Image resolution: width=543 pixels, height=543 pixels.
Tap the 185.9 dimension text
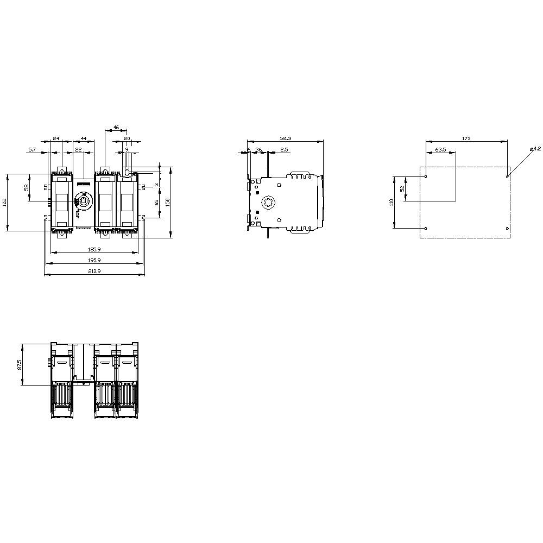tap(94, 249)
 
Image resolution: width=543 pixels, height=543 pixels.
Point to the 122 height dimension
tap(5, 203)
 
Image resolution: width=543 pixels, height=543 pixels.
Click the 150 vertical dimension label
tap(168, 201)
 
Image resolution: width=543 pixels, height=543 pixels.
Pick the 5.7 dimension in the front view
tap(33, 149)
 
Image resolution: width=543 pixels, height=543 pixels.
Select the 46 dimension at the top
tap(116, 128)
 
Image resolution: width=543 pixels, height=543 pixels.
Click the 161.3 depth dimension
tap(285, 139)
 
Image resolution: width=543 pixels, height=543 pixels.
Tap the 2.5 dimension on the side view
tap(285, 149)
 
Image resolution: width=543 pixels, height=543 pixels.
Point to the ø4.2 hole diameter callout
tap(535, 149)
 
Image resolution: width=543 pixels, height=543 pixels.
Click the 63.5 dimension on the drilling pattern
tap(440, 149)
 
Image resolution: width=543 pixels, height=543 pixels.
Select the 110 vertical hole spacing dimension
tap(391, 202)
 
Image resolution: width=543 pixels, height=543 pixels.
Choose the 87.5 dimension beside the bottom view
tap(20, 364)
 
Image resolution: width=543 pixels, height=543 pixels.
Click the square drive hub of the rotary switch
tap(84, 201)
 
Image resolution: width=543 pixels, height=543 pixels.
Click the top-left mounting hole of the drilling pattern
tap(426, 176)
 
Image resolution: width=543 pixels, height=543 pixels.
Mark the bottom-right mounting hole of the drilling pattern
tap(507, 228)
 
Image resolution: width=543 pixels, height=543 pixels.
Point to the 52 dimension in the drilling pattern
tap(402, 189)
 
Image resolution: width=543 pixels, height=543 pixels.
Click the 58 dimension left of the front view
tap(27, 187)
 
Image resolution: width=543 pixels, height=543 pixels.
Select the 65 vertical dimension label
tap(156, 202)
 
